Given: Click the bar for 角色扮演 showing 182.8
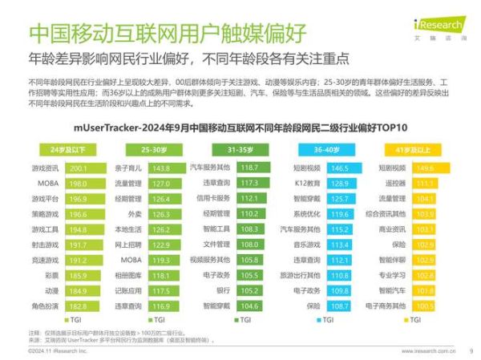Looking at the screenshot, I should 87,305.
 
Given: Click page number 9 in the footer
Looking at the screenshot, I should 471,350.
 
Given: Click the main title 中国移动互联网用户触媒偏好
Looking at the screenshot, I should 167,33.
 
